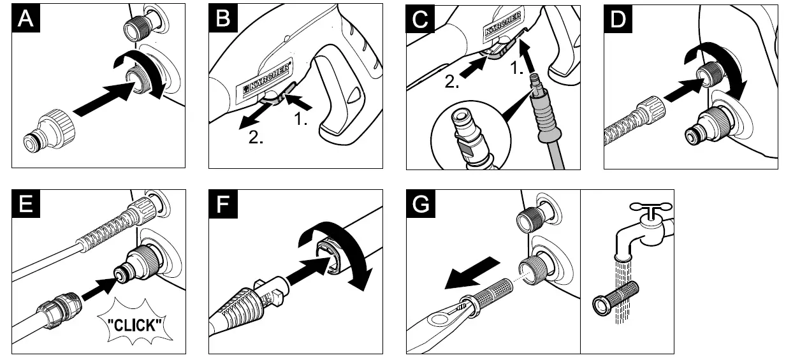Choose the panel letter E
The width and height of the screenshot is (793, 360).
coord(25,204)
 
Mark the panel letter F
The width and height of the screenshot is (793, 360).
coord(223,204)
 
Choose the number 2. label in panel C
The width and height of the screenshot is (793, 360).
coord(451,82)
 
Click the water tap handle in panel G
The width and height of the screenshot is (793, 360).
coord(650,207)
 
